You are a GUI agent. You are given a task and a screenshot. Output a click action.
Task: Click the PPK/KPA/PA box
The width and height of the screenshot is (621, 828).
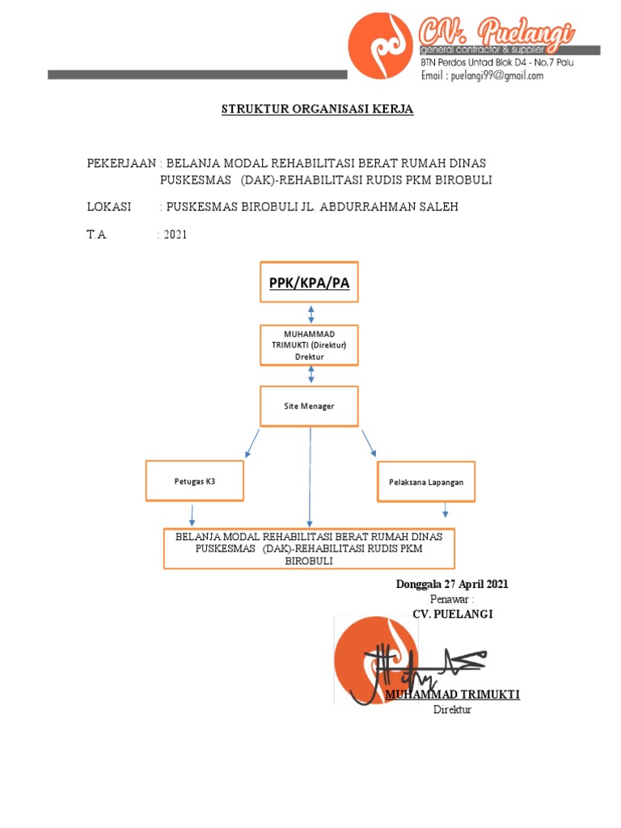coord(309,282)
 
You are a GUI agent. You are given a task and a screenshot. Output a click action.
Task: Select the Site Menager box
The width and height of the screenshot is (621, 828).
coord(309,406)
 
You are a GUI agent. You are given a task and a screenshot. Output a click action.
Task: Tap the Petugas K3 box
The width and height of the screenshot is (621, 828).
coord(195,481)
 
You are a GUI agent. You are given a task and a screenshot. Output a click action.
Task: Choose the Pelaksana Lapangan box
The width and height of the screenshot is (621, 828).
coord(426,481)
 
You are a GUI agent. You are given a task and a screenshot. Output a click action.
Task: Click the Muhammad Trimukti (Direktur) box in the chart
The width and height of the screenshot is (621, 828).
coord(309,345)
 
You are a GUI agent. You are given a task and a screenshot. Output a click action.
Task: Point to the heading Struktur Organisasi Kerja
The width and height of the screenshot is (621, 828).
coord(318,109)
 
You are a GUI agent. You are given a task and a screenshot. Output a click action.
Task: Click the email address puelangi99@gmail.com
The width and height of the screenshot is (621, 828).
coord(482,76)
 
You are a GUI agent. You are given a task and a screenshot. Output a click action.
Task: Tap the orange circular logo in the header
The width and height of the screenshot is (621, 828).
coord(378,47)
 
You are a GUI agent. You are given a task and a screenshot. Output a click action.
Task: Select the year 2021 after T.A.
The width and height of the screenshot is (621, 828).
coord(175,234)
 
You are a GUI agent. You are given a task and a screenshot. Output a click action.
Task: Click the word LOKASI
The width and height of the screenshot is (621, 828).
coord(109,207)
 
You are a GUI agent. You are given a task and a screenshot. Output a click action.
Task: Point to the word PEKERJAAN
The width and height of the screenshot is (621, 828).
coord(120,164)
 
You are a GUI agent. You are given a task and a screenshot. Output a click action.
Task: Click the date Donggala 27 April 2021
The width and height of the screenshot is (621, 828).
coord(452,585)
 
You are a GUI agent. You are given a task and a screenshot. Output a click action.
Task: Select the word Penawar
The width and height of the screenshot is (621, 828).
coord(450,599)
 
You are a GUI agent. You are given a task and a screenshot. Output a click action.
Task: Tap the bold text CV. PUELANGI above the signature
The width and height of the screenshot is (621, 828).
coord(452,614)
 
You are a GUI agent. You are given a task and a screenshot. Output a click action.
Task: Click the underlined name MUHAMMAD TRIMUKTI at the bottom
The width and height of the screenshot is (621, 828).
coord(452,695)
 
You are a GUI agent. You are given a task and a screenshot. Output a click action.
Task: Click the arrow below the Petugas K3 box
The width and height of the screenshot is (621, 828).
coord(192,514)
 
